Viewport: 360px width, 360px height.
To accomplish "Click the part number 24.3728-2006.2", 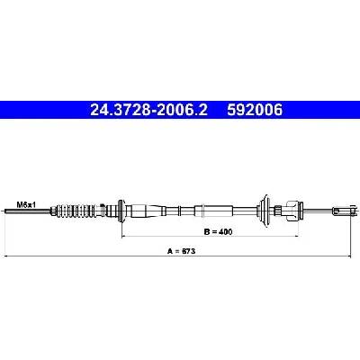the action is (148, 110).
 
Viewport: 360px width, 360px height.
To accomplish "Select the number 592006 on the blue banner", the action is (255, 110).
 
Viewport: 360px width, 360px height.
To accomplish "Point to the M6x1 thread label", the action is (26, 205).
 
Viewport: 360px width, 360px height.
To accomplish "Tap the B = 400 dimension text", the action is (218, 231).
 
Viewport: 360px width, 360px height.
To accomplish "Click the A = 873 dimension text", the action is (181, 251).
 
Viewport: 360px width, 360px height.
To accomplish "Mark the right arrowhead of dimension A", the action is (348, 256).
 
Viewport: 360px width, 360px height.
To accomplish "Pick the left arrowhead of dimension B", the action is (124, 237).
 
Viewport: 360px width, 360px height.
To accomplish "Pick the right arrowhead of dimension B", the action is (295, 237).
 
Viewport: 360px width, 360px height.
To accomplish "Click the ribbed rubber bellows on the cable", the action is (76, 211).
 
